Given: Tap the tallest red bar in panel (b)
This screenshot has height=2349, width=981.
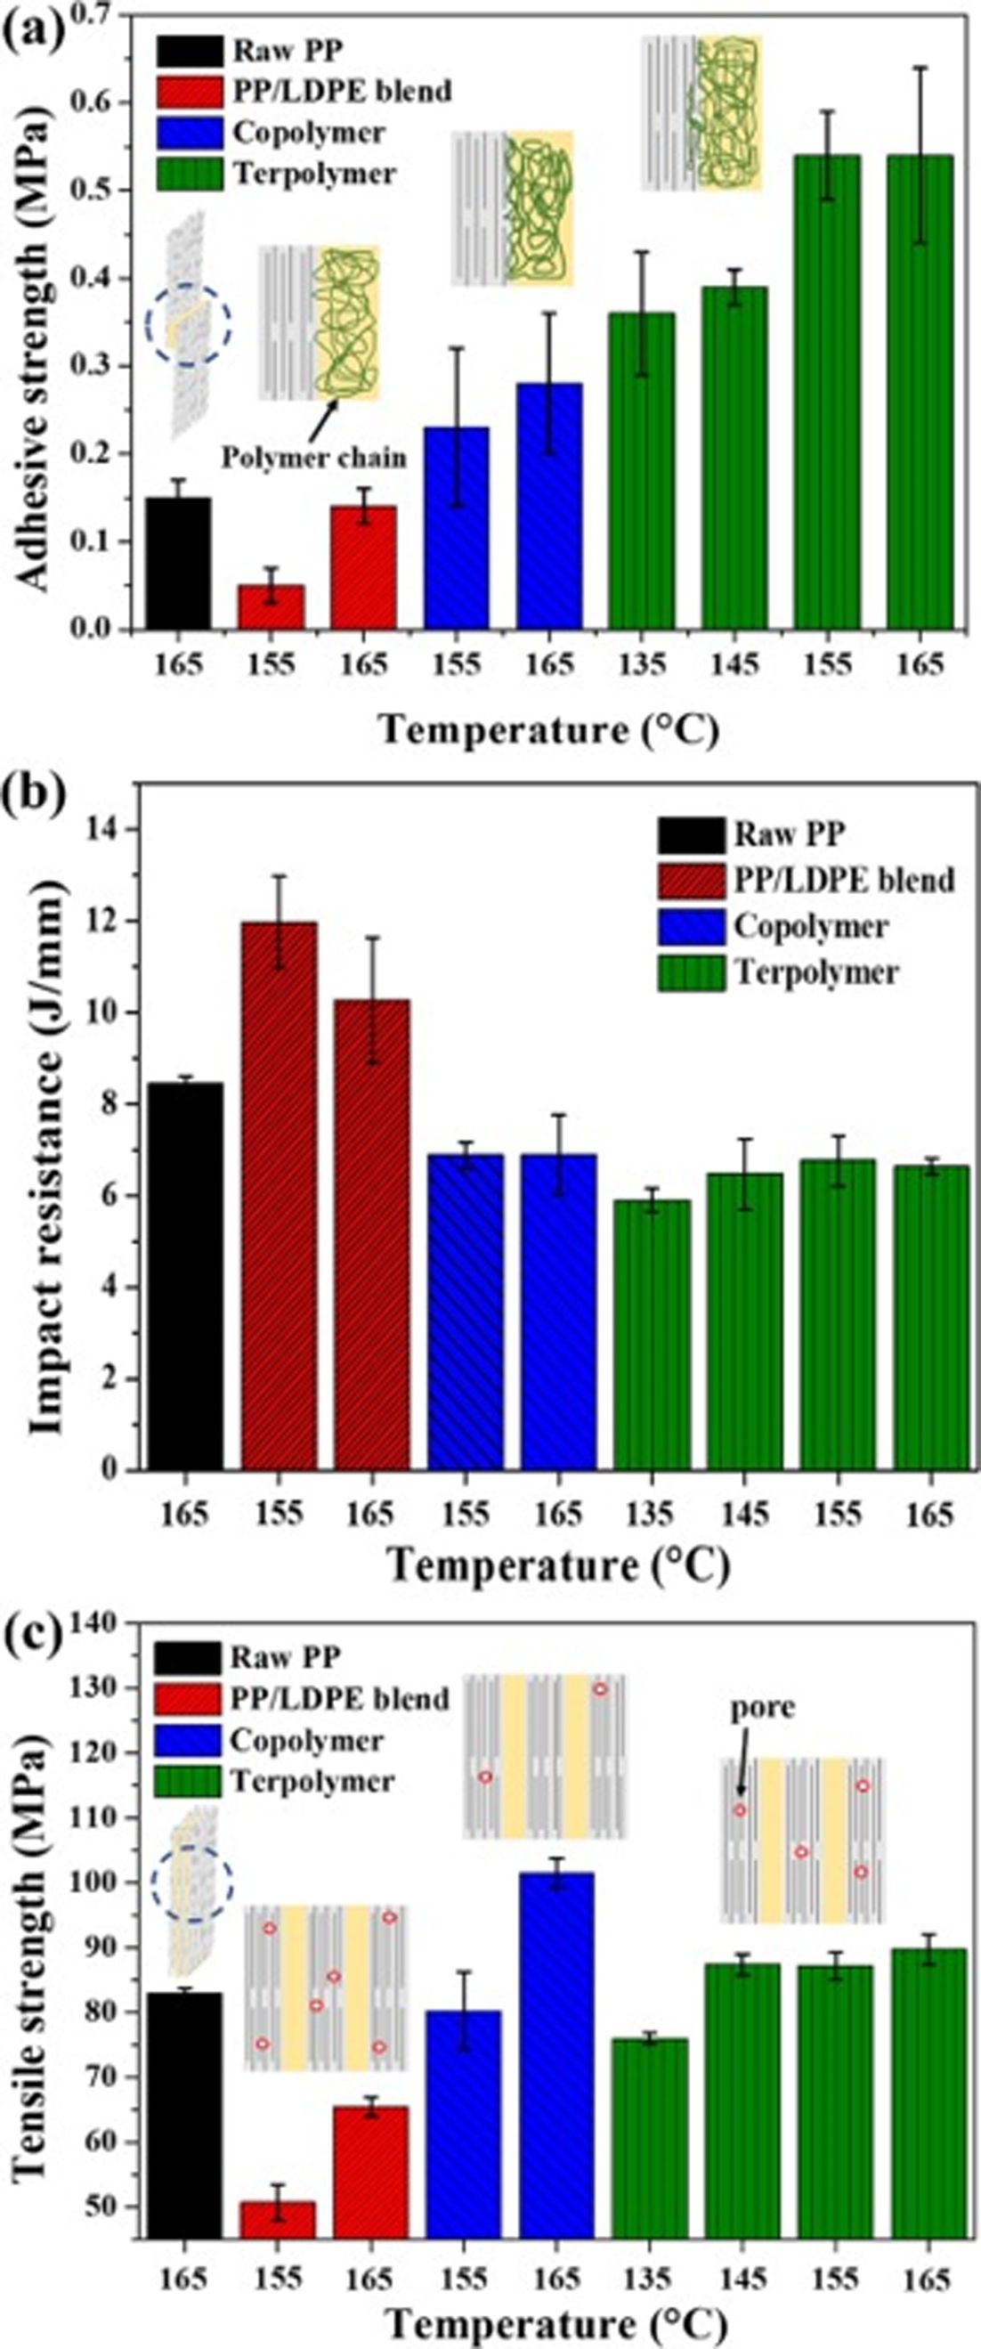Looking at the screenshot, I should (x=280, y=1196).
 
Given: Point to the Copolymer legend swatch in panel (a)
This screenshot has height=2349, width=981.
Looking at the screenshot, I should (x=188, y=132).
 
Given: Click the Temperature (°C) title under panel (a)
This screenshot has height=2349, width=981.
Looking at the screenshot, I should (x=549, y=730).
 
